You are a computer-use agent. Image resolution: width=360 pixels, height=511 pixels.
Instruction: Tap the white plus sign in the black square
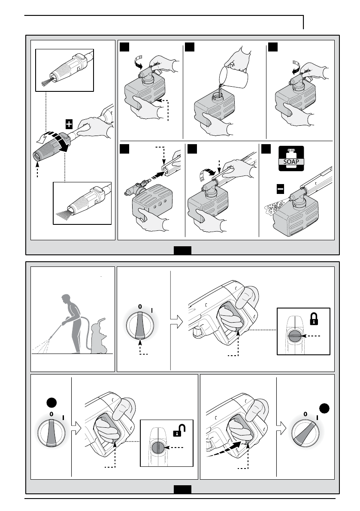click(x=69, y=124)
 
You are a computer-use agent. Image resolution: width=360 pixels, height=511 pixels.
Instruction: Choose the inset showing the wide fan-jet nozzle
click(x=82, y=203)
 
